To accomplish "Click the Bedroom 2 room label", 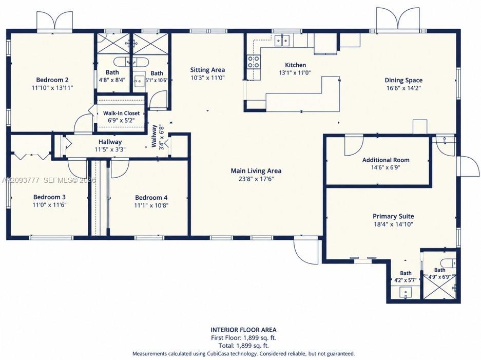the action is point(52,80).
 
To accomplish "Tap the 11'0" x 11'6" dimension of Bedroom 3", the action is point(49,205).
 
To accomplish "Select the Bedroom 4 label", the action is point(151,198).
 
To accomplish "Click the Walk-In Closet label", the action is point(121,113).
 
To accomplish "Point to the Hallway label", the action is point(110,142).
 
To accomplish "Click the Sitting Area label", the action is point(207,70).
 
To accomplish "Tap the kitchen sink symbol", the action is point(282,40).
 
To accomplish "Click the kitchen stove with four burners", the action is point(254,62).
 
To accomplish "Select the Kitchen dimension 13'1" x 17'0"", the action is point(295,73).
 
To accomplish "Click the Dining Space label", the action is point(403,81).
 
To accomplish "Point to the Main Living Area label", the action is point(256,170).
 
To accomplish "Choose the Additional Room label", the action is point(386,160).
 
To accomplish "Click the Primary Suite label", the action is point(393,216).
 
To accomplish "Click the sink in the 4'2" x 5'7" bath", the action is point(406,293).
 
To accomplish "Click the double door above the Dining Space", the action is point(397,19).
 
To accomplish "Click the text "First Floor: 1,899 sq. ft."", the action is point(243,338).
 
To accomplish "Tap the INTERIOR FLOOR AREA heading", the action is point(243,330).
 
